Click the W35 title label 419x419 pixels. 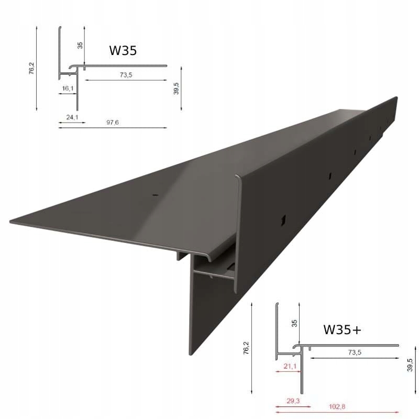[124, 51]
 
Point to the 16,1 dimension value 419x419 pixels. [68, 89]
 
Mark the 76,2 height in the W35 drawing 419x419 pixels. [32, 69]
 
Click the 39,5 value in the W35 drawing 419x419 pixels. [177, 88]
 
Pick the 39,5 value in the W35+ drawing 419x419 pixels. [410, 365]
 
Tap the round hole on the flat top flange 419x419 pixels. [155, 195]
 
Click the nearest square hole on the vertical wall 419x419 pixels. [283, 220]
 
